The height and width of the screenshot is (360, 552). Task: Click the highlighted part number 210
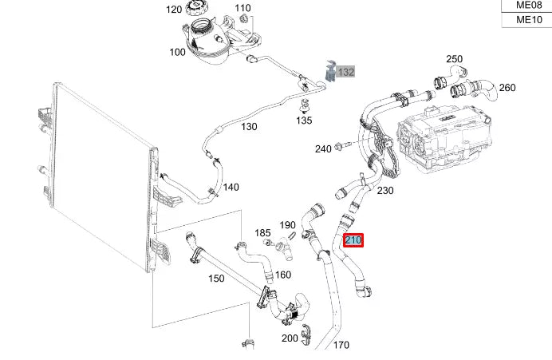(x=353, y=239)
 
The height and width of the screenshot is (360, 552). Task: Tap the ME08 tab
(x=526, y=5)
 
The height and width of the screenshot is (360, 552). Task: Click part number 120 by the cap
(x=174, y=10)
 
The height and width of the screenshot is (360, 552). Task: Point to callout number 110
(x=242, y=8)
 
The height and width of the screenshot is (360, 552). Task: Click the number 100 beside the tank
(x=177, y=52)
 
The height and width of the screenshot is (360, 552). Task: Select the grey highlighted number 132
(x=345, y=72)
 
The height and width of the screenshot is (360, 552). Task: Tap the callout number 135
(x=304, y=121)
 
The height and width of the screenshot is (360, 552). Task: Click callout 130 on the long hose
(x=249, y=127)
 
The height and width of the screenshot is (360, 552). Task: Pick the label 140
(x=231, y=188)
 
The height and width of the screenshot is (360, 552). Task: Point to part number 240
(x=323, y=149)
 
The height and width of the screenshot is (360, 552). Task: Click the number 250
(x=454, y=59)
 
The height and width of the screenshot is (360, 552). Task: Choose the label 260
(x=507, y=88)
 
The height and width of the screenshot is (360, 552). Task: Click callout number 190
(x=287, y=225)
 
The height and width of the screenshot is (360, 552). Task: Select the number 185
(x=262, y=232)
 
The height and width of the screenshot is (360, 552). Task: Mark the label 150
(x=216, y=278)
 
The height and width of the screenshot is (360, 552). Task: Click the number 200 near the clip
(x=290, y=338)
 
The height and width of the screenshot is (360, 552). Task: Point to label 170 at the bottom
(x=341, y=346)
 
